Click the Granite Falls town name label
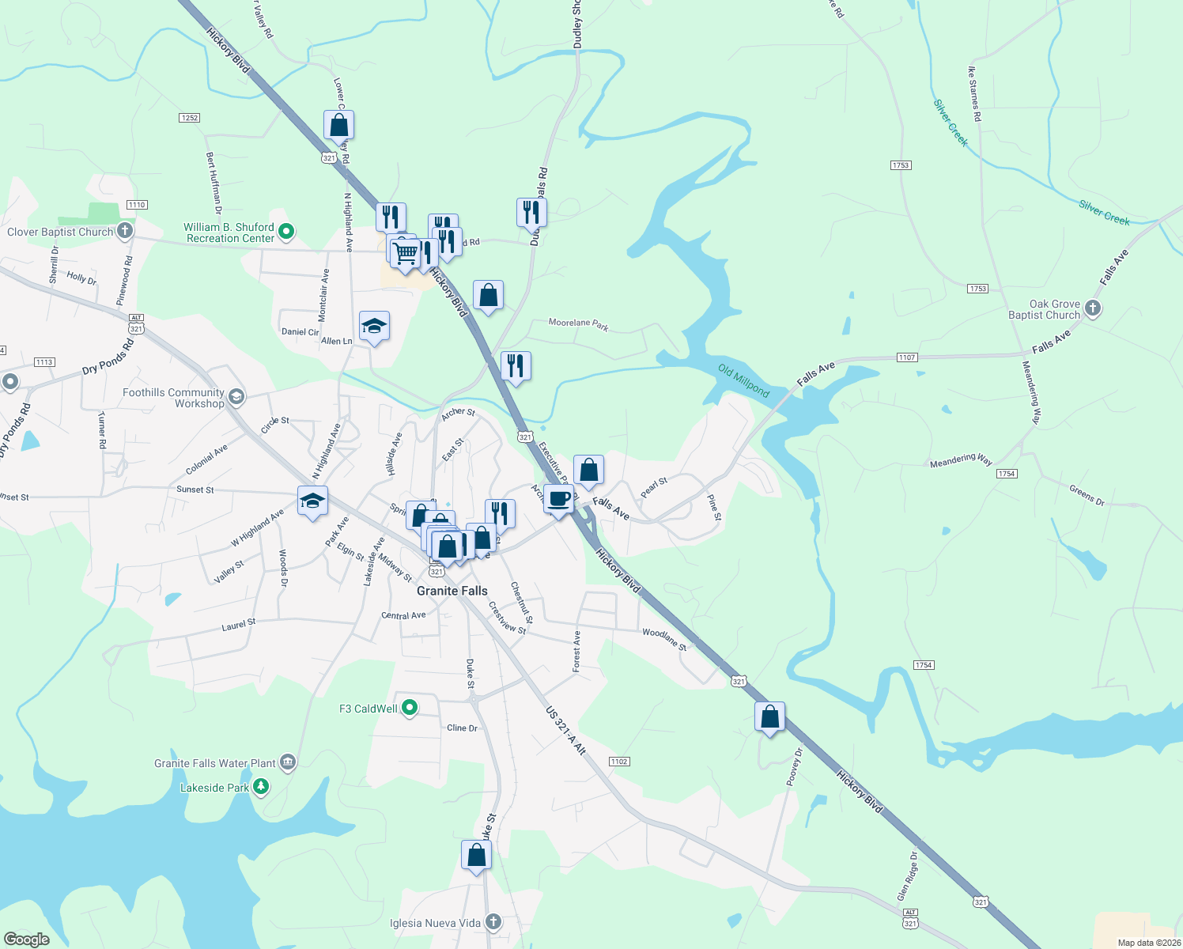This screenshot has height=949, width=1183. pos(452,591)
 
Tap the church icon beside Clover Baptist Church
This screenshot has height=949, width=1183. pos(125,231)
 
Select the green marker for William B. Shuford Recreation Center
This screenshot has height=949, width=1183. pos(286,232)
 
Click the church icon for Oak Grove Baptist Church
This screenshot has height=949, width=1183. pos(1093,308)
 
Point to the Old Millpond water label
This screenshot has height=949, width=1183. pos(743,380)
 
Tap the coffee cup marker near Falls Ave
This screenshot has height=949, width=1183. pos(558,500)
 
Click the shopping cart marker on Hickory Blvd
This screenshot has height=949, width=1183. pos(405,254)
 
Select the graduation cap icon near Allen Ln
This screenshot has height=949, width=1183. pos(374,326)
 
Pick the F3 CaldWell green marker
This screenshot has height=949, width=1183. pos(410,708)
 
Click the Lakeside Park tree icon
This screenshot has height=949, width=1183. pos(261,787)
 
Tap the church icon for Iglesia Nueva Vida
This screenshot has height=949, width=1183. pos(493,922)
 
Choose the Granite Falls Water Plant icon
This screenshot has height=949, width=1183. pos(288,762)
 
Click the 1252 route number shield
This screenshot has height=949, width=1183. pos(189,118)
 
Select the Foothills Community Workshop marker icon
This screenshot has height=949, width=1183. pos(236,396)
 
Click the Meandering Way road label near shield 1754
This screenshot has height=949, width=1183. pos(961,460)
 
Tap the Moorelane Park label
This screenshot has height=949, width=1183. pos(578,323)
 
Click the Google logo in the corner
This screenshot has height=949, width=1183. pos(26,940)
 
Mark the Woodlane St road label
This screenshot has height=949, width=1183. pos(664,637)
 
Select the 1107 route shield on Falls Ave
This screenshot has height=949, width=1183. pos(906,357)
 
